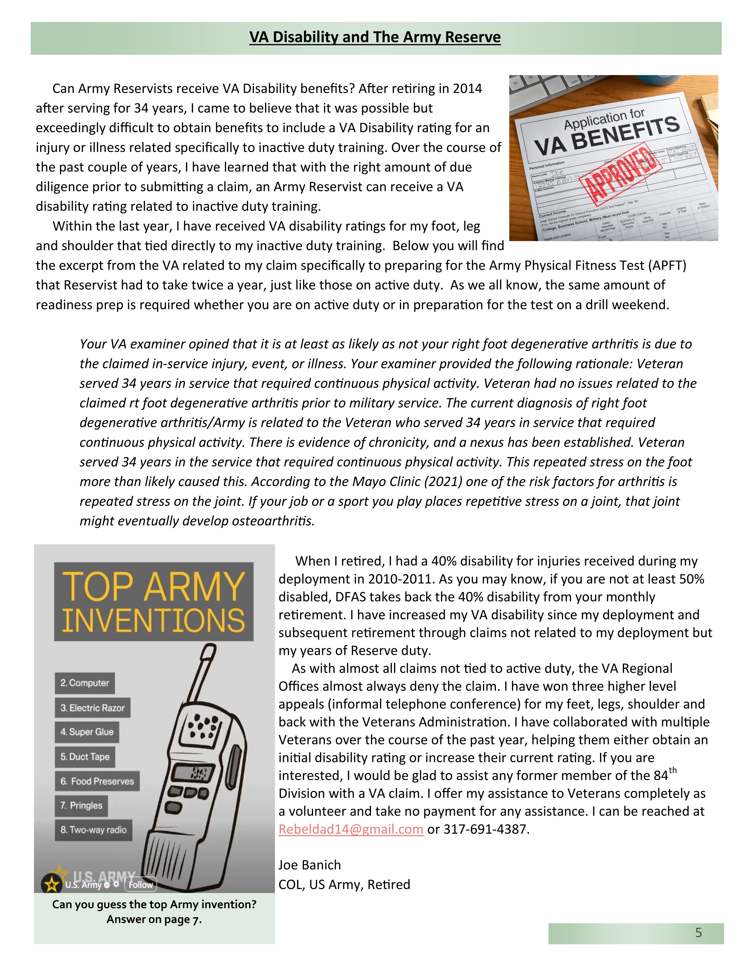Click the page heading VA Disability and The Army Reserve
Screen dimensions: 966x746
coord(375,37)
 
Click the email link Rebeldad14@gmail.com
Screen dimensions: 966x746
coord(350,829)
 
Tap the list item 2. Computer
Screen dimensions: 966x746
coord(85,683)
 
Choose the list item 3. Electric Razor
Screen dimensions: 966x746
coord(92,708)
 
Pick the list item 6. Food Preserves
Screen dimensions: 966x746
coord(97,781)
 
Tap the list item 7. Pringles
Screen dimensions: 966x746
coord(81,806)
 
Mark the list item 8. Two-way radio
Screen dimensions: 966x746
coord(93,830)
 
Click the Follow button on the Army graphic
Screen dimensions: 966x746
coord(140,885)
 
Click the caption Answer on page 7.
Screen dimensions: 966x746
coord(154,919)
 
